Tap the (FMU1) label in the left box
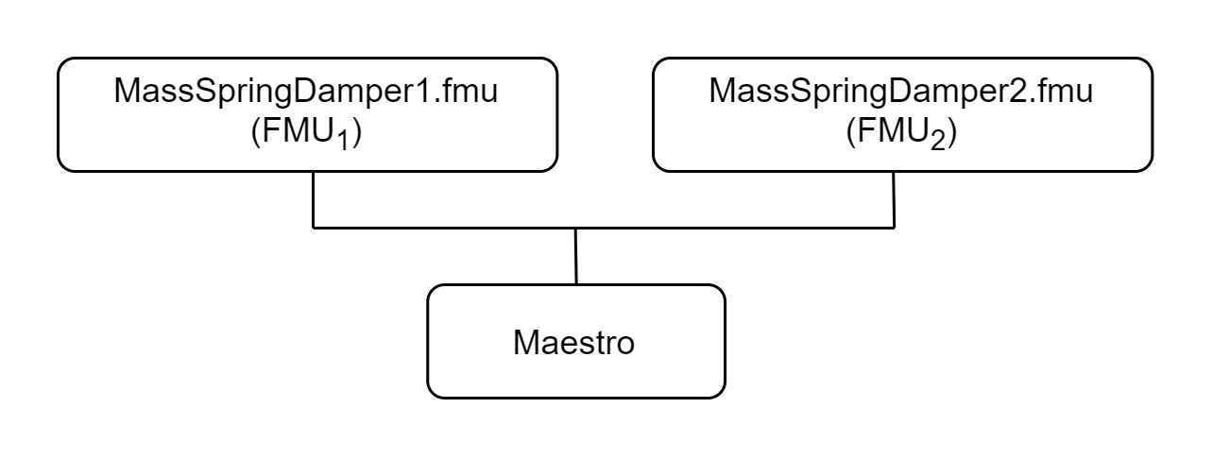[x=308, y=133]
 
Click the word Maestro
[x=574, y=342]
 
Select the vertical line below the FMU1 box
[x=314, y=199]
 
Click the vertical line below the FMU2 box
[x=894, y=199]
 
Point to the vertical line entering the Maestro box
[x=575, y=256]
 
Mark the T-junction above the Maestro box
[x=575, y=228]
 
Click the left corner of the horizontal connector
[x=314, y=228]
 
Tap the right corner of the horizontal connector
[x=894, y=228]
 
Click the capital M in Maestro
[x=525, y=342]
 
